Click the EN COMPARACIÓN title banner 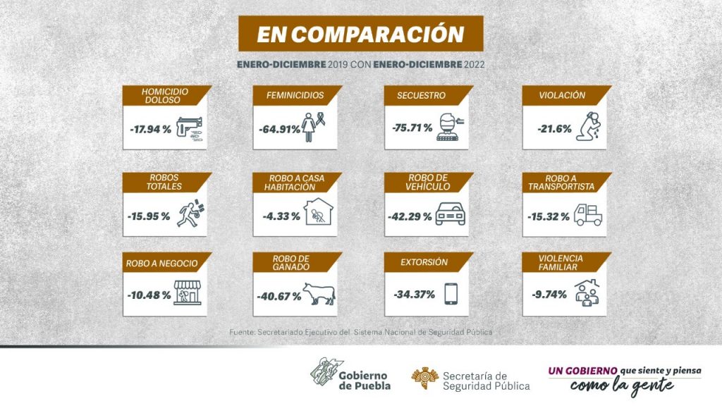(x=360, y=34)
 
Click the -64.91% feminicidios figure (x=279, y=128)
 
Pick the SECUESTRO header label (x=421, y=95)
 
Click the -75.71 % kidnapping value (x=412, y=128)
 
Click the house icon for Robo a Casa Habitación (x=319, y=212)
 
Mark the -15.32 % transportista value (x=547, y=216)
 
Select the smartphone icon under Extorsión (x=451, y=293)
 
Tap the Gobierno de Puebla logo (x=350, y=375)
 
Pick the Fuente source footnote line (x=360, y=331)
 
